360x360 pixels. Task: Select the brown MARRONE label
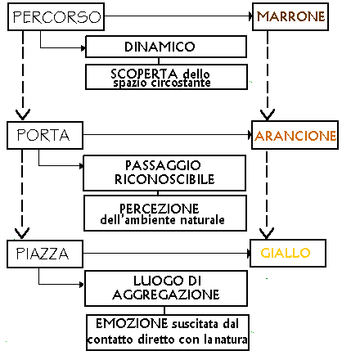point(290,16)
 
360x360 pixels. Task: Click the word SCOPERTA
point(144,74)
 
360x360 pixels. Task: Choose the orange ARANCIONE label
point(295,136)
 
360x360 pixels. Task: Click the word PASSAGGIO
point(163,165)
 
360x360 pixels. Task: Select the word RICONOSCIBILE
point(164,179)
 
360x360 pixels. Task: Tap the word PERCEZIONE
point(160,209)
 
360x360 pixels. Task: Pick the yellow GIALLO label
point(286,253)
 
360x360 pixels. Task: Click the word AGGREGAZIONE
point(166,295)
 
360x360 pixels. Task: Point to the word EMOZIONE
point(132,323)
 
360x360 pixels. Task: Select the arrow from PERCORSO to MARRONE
point(178,16)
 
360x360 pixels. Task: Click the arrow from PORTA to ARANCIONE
point(168,135)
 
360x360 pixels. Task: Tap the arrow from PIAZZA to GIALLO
point(167,254)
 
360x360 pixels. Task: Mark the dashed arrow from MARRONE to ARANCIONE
point(268,75)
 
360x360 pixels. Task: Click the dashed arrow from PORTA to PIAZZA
point(22,194)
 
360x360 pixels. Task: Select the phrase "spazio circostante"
point(162,83)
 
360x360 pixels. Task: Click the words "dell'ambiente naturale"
point(163,219)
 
